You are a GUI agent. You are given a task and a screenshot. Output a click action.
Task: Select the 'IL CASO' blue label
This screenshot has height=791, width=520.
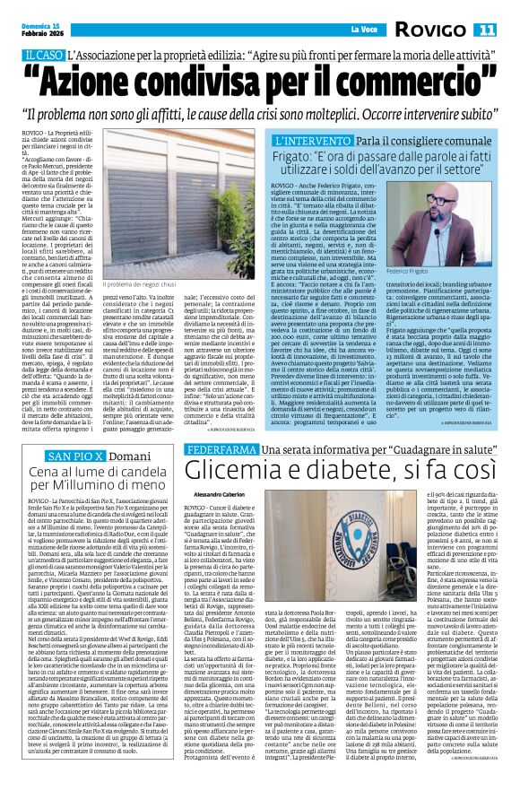point(43,56)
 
